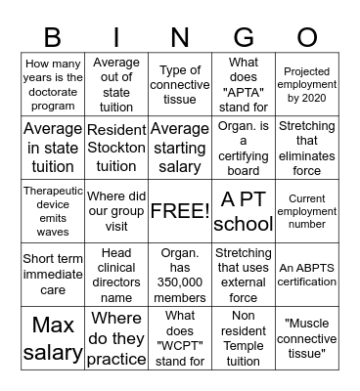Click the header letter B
coord(53,37)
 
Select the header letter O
coord(307,37)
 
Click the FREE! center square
coord(180,211)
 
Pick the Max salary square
coord(53,338)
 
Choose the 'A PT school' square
coord(244,211)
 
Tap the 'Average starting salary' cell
coord(180,148)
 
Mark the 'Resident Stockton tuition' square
coord(116,148)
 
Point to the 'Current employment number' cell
coord(307,211)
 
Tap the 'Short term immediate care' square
coord(53,275)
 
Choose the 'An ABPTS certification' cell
coord(307,275)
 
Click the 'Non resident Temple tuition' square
coord(244,338)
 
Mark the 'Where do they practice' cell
coord(116,338)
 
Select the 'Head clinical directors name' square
coord(116,275)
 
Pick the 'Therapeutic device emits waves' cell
coord(53,211)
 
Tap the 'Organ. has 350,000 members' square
coord(180,275)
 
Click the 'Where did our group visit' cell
coord(116,211)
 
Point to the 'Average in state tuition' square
coord(53,148)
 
